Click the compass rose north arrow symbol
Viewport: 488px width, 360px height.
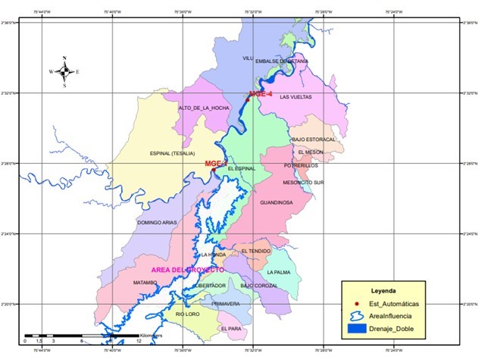click(65, 71)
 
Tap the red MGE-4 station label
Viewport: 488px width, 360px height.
click(260, 94)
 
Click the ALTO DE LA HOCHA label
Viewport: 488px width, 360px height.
click(204, 108)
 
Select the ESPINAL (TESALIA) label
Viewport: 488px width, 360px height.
click(175, 152)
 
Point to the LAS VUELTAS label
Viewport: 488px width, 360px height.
click(296, 97)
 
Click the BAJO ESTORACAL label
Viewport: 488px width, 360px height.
click(312, 139)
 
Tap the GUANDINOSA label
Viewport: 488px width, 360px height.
click(276, 203)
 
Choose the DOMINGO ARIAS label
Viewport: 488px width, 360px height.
click(157, 222)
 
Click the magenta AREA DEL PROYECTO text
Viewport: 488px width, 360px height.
click(187, 270)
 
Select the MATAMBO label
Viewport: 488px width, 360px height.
click(145, 283)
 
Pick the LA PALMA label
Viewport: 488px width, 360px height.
click(279, 271)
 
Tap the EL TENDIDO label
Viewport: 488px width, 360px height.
click(256, 251)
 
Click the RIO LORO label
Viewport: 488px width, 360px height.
click(187, 314)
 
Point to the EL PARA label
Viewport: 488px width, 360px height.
click(230, 329)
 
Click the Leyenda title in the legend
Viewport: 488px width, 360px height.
click(383, 290)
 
